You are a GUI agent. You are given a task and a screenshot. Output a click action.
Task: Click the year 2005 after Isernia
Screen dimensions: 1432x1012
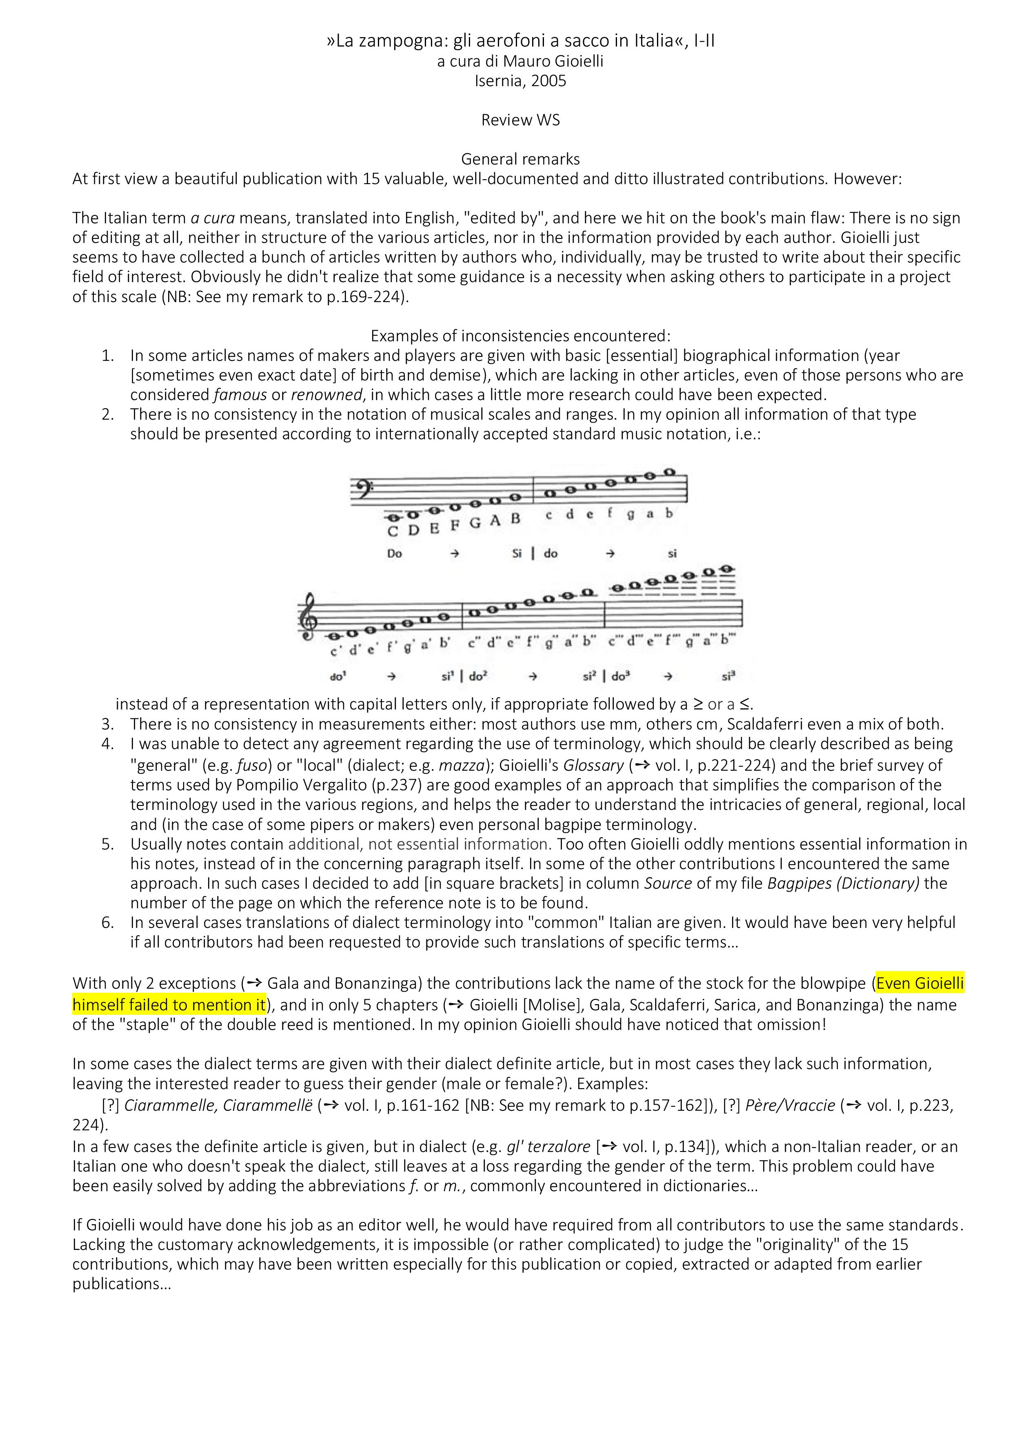point(549,81)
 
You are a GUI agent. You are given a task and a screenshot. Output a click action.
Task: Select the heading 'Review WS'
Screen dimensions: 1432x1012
point(520,120)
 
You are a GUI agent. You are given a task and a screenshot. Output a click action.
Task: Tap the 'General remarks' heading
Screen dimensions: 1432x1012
point(520,159)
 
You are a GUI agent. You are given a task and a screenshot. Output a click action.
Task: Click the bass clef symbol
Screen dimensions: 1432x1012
point(360,487)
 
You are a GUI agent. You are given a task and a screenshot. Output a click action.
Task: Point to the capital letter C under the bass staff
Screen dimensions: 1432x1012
point(393,532)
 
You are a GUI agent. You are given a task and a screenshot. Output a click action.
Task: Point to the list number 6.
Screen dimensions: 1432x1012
point(107,923)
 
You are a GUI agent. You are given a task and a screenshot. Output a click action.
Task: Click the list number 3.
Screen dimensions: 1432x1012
point(107,724)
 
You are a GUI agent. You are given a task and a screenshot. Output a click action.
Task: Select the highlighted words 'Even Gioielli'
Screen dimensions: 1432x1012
point(920,983)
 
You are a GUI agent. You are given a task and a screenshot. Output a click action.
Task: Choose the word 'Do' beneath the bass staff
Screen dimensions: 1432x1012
point(394,553)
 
